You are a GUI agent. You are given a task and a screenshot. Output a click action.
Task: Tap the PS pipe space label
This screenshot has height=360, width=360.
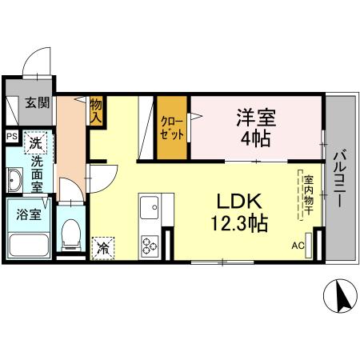[11, 136]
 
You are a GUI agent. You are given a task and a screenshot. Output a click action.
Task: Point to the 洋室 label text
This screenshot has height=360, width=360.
[255, 118]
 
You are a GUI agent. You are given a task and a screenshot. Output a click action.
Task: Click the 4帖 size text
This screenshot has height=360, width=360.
[256, 138]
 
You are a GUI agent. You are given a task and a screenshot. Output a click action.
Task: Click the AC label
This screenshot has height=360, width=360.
[298, 246]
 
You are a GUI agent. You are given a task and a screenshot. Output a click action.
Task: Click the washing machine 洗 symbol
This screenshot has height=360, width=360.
[34, 144]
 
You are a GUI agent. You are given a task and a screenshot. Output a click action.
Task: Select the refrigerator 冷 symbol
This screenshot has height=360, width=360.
[103, 248]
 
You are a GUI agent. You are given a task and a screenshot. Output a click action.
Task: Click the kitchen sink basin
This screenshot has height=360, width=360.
[150, 210]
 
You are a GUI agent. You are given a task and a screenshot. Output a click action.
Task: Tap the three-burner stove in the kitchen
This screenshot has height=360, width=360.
[150, 244]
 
